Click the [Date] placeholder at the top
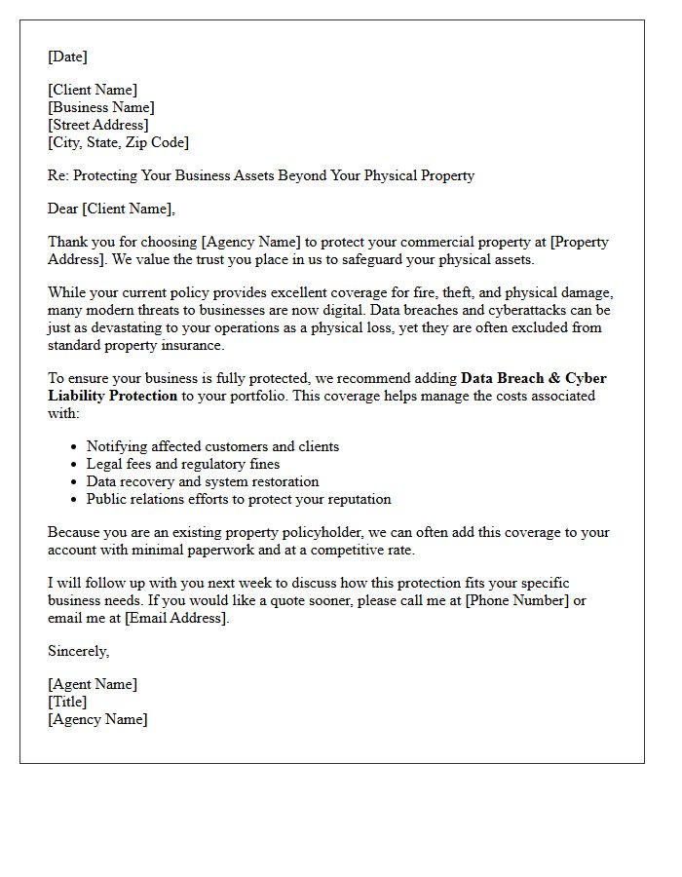(x=67, y=57)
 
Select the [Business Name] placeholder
(x=101, y=107)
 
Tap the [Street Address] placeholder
(x=98, y=125)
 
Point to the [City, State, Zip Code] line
(x=118, y=142)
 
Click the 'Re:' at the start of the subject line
(x=58, y=175)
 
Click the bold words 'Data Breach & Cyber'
(x=534, y=378)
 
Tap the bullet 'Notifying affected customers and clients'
(x=212, y=446)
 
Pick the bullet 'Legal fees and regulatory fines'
(x=183, y=464)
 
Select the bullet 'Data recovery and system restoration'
(x=203, y=481)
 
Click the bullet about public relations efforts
(x=239, y=499)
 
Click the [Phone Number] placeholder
(x=516, y=600)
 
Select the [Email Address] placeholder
(x=175, y=618)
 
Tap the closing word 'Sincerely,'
(x=79, y=651)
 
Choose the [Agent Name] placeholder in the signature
(x=93, y=684)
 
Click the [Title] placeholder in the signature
(x=67, y=702)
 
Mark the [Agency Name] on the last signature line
(x=97, y=719)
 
